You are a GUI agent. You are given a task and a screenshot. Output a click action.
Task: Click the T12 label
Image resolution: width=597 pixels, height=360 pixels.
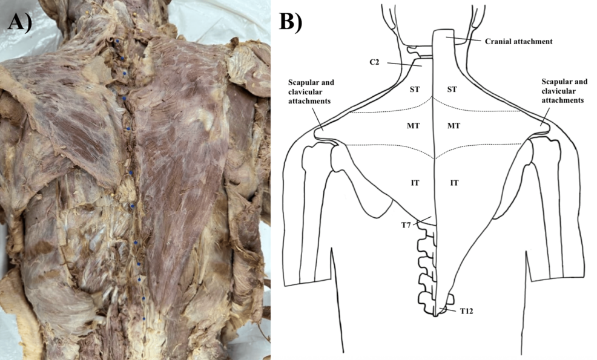point(467,310)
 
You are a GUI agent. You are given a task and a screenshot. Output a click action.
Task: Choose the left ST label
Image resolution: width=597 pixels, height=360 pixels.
point(415,89)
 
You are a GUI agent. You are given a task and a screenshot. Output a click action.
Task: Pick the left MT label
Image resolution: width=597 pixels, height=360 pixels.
point(415,126)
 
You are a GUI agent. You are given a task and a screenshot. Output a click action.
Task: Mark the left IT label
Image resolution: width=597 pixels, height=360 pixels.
point(415,182)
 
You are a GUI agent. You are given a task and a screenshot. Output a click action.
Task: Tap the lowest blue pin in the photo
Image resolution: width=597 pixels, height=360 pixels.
point(143,317)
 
